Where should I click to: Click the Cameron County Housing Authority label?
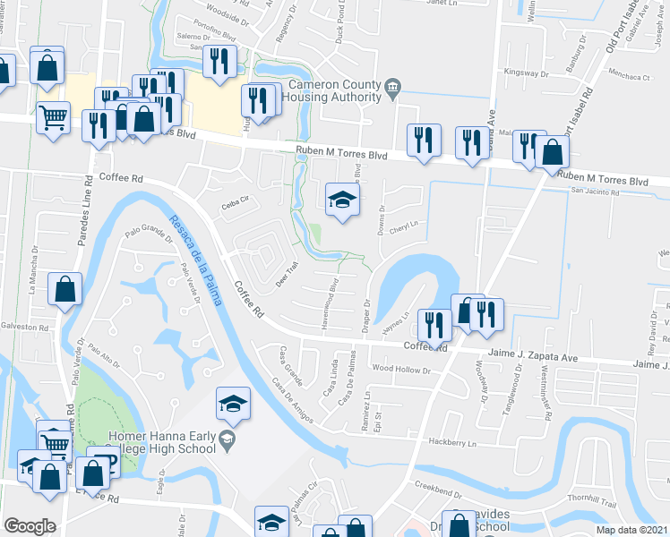pos(335,90)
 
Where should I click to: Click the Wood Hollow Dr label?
pos(401,368)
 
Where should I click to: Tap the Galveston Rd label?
pos(24,328)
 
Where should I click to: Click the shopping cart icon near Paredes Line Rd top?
pos(54,116)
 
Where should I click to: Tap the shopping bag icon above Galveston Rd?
pos(64,290)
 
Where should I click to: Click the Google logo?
pos(30,526)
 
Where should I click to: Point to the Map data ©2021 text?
pos(633,530)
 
